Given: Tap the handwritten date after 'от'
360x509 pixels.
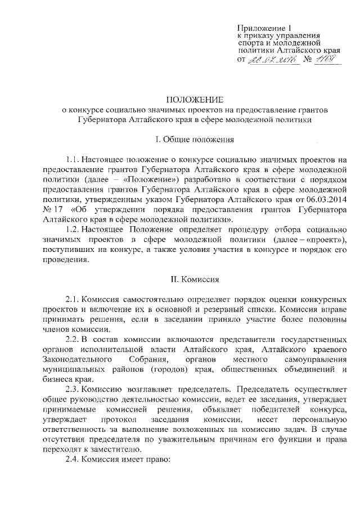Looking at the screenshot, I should tap(272, 60).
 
